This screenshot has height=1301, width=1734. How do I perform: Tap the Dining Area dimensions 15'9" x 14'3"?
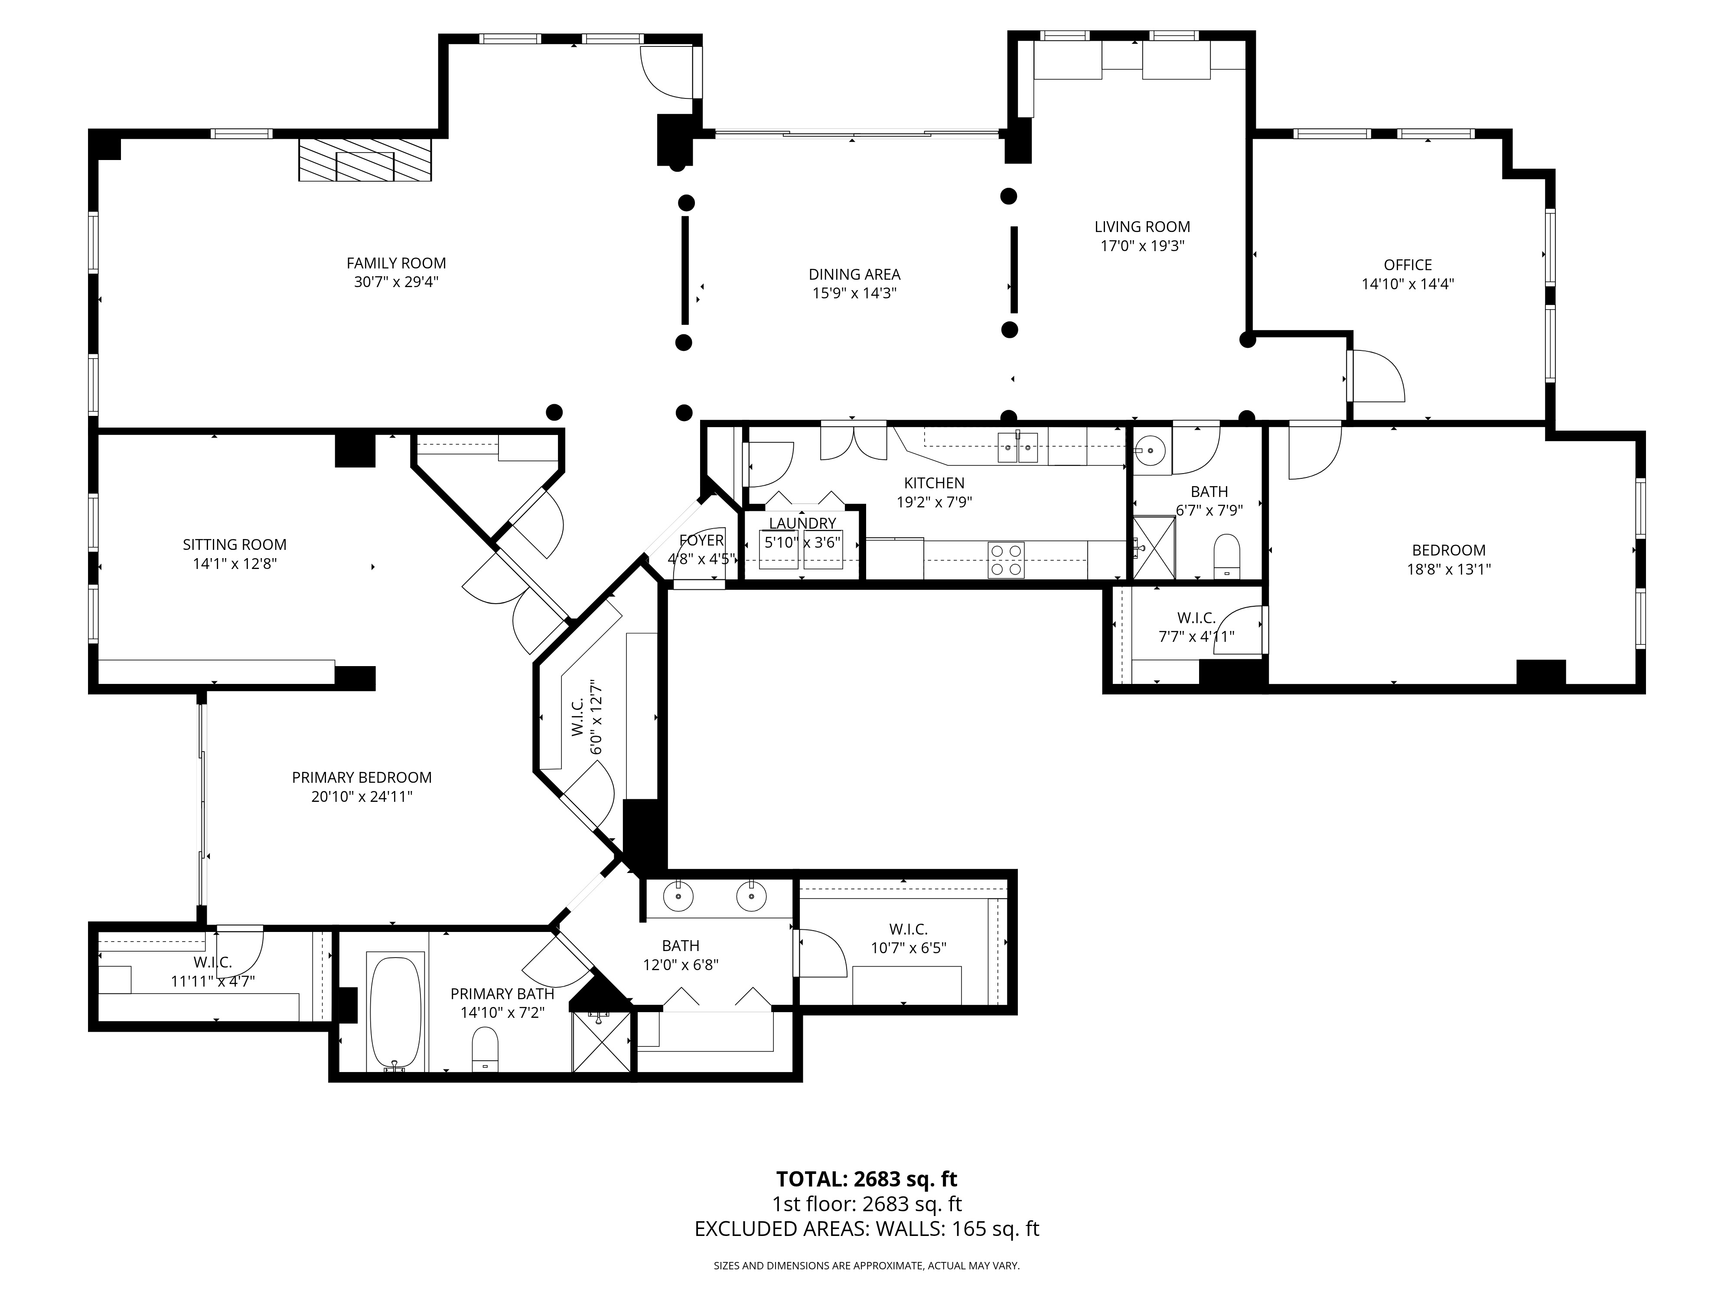pos(854,293)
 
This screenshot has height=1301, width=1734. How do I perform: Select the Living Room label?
pos(1142,227)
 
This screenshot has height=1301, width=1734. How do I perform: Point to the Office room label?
pos(1408,265)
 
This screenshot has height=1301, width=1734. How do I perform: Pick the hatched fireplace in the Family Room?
pos(365,160)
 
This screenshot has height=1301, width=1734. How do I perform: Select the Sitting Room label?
pos(235,544)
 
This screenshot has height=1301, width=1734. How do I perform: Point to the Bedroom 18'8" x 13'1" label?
pos(1449,550)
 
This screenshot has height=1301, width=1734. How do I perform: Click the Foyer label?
pos(701,540)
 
